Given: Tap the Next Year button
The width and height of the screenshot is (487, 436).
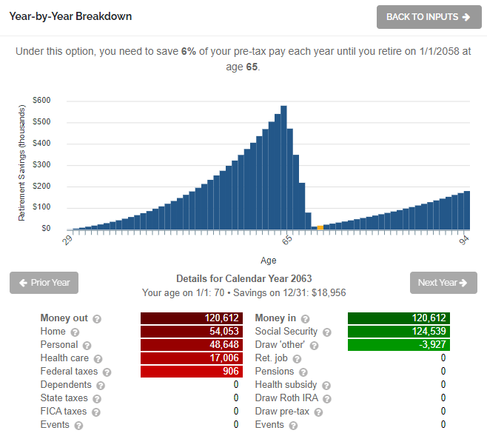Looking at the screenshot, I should [x=443, y=282].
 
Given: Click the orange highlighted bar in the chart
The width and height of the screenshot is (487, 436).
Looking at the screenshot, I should [x=320, y=227].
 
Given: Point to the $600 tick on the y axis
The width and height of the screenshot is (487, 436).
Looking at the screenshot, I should [x=41, y=101].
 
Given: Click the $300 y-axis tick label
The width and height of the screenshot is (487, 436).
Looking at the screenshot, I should [x=41, y=165].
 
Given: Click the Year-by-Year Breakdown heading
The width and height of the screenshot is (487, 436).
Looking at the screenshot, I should [x=70, y=16].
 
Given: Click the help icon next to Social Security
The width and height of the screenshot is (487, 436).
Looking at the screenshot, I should [x=327, y=332].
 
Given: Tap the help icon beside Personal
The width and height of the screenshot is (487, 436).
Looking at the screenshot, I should [x=87, y=346].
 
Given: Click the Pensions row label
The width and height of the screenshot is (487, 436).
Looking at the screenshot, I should [x=275, y=372].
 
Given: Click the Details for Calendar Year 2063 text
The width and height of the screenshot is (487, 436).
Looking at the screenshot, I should [x=243, y=278].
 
